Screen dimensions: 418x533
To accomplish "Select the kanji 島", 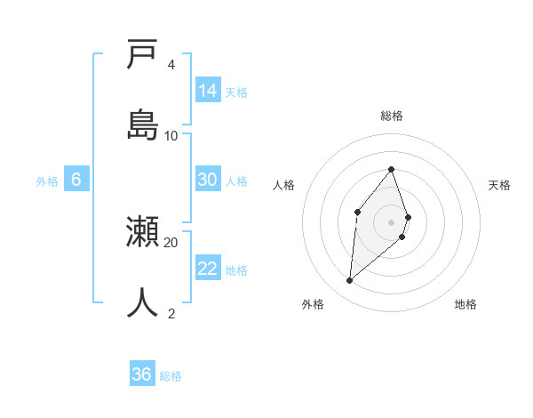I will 142,125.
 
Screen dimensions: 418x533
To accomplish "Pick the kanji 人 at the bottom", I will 142,302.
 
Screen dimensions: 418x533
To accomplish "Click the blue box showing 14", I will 208,90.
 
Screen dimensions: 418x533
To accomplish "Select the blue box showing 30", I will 208,179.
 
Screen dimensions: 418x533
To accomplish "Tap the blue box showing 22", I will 208,268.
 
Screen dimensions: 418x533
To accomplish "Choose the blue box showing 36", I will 142,374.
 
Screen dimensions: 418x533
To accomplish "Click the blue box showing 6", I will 76,179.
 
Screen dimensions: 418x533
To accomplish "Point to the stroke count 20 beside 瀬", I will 171,242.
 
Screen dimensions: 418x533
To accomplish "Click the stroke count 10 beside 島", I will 171,135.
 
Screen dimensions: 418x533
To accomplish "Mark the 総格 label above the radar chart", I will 392,116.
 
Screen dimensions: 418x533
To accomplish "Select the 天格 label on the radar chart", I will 499,185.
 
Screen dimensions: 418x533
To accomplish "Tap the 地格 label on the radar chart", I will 465,304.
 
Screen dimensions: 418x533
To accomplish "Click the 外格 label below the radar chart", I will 313,304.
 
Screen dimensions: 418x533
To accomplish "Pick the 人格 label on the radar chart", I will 283,185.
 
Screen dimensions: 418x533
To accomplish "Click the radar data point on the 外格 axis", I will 350,280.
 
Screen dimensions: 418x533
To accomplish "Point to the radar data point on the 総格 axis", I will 392,169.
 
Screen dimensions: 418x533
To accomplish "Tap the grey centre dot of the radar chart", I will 392,221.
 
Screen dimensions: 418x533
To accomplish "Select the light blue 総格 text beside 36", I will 171,376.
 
